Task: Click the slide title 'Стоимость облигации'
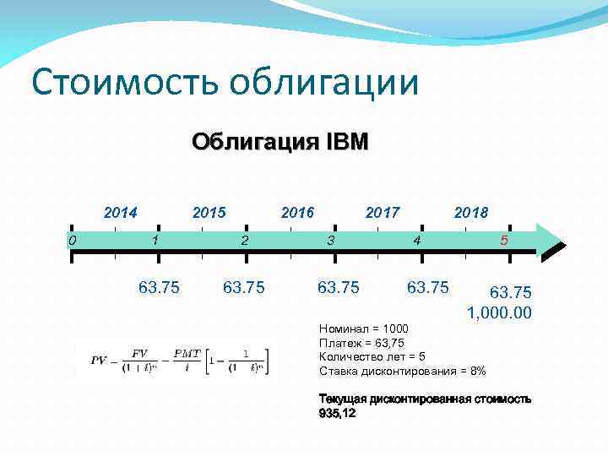coord(224,83)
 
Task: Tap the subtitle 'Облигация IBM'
coord(280,140)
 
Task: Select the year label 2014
coord(121,212)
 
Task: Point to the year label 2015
coord(209,212)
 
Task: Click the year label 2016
coord(297,212)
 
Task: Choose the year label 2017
coord(383,212)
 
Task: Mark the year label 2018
coord(471,212)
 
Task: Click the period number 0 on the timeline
coord(73,241)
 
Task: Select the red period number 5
coord(504,241)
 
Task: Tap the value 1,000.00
coord(500,313)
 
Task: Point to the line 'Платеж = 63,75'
coord(361,343)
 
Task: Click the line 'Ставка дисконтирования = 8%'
coord(403,372)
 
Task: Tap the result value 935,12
coord(337,414)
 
